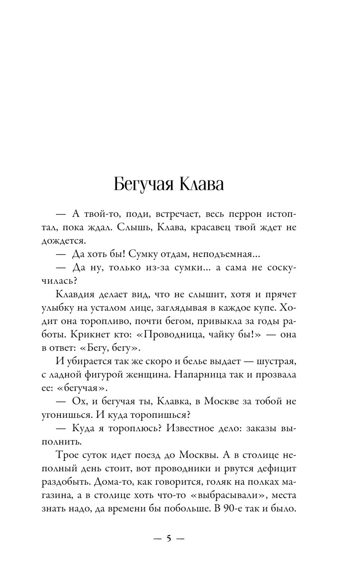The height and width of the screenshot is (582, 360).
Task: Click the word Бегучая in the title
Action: click(x=143, y=185)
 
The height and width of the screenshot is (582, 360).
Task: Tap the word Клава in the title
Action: click(x=201, y=184)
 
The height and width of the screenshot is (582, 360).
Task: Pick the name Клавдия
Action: click(x=75, y=294)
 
